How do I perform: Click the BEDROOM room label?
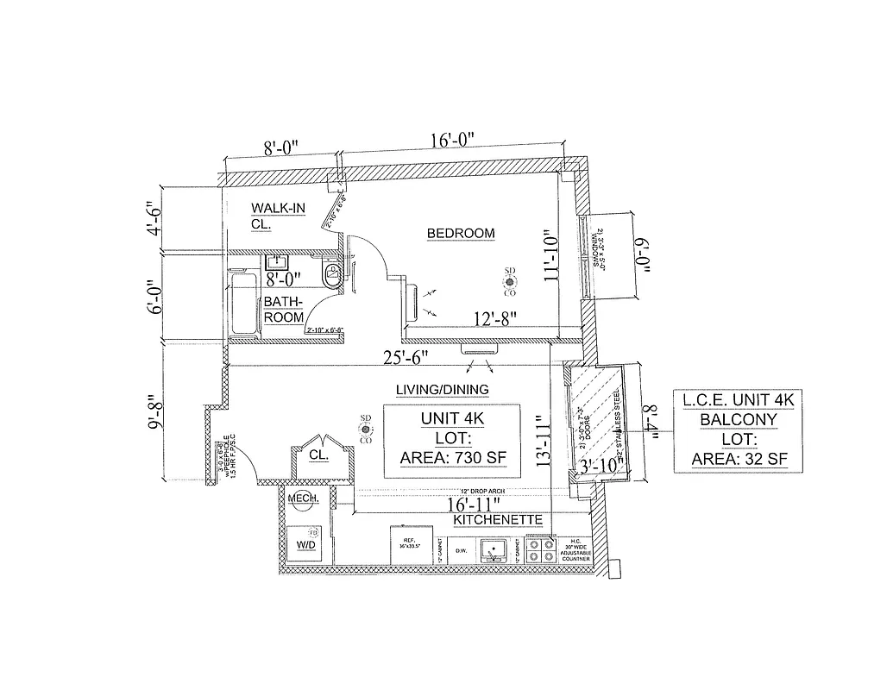(462, 233)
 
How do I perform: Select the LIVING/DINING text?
(442, 390)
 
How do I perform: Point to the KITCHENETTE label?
(498, 520)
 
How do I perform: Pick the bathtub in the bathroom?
(242, 304)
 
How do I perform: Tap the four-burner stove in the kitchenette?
(544, 550)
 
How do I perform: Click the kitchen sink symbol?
(494, 549)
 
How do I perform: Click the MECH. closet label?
(303, 500)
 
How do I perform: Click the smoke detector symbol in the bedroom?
(510, 281)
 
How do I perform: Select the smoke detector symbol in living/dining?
(366, 429)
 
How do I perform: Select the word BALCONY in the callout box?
(738, 420)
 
